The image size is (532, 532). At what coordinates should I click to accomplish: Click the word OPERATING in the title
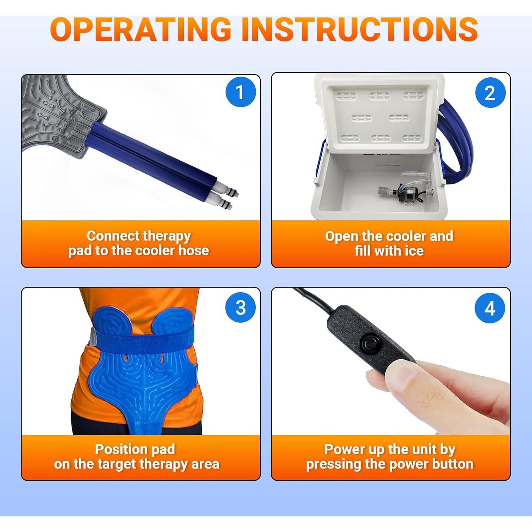point(141,29)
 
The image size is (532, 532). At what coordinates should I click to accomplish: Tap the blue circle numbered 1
point(241,92)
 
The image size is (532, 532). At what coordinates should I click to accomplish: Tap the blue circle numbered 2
point(490,93)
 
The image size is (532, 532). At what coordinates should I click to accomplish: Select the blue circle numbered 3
point(241,307)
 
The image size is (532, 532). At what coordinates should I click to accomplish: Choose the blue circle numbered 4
point(490,308)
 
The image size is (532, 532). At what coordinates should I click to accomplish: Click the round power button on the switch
point(369,343)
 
